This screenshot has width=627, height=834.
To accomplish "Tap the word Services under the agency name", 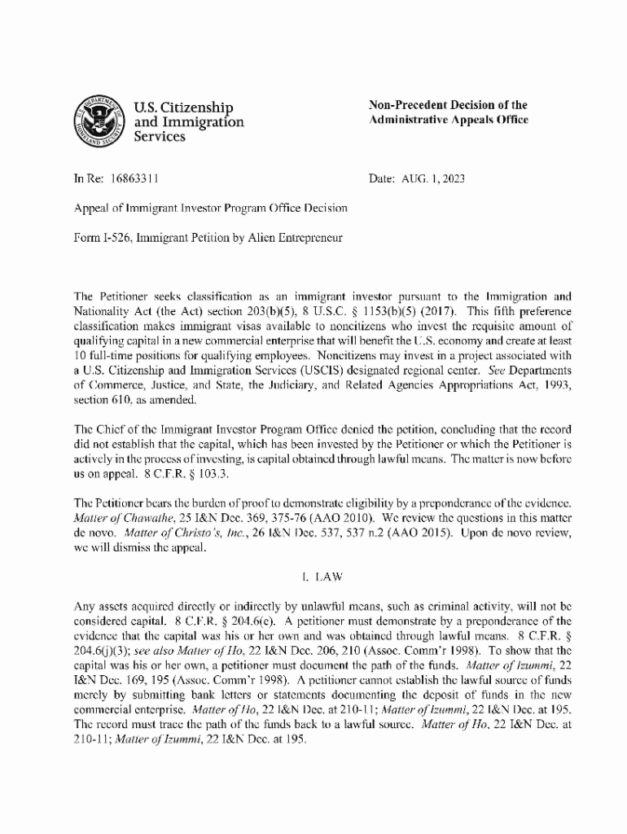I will (159, 138).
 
